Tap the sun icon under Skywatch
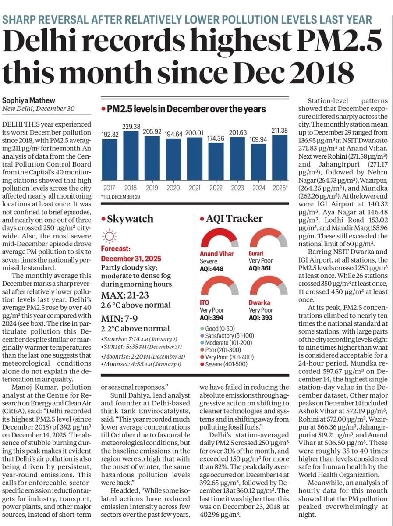coord(107,237)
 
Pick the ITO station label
coord(205,303)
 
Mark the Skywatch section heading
coord(127,219)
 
